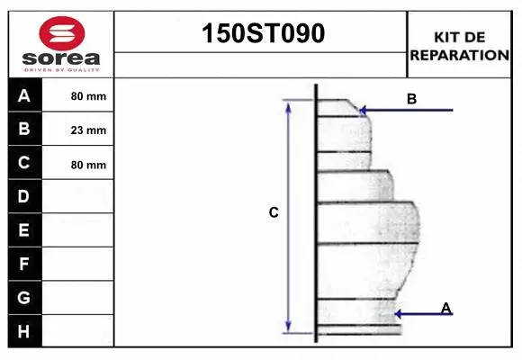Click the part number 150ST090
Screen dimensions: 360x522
click(261, 33)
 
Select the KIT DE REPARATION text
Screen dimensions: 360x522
click(460, 45)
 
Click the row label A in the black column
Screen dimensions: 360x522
click(24, 95)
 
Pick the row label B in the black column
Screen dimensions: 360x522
click(24, 129)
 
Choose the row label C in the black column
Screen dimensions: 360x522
click(24, 163)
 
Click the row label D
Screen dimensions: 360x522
click(24, 196)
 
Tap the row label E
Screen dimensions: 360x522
click(24, 229)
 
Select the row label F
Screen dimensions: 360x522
click(24, 264)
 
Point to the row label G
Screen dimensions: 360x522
click(24, 297)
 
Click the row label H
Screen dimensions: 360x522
click(24, 331)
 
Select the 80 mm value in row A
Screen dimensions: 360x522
click(88, 96)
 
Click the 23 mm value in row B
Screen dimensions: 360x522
click(88, 130)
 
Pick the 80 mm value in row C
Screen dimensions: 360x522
click(88, 165)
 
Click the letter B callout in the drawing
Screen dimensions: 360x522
click(411, 99)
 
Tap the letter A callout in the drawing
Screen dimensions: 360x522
click(445, 308)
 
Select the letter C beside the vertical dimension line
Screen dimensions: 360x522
click(274, 213)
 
